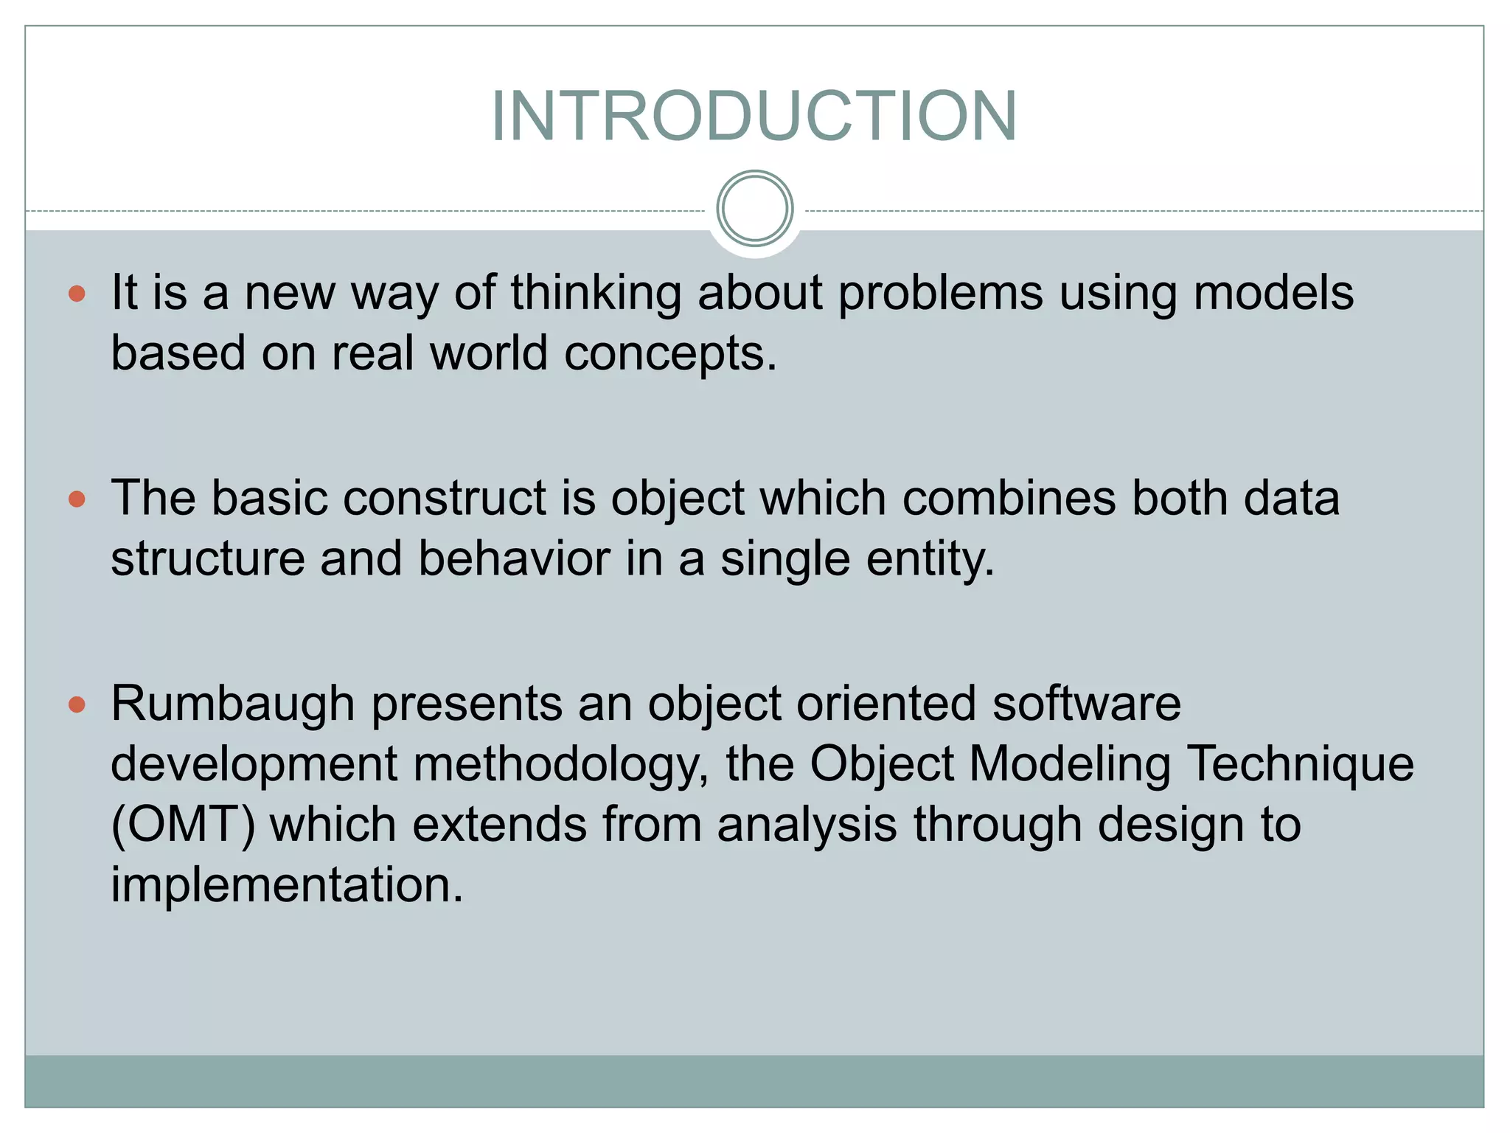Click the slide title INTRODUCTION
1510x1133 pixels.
[754, 116]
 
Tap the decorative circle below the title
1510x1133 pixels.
[754, 209]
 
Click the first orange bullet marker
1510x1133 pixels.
[77, 294]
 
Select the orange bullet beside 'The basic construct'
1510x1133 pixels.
[77, 500]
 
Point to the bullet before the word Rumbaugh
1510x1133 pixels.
[77, 705]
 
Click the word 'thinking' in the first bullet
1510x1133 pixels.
[596, 293]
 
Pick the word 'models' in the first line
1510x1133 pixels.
[1273, 293]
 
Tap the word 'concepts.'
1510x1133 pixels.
[670, 353]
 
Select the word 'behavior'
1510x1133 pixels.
[514, 558]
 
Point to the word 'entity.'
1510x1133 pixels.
[930, 558]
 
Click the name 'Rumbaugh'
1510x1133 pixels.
[233, 704]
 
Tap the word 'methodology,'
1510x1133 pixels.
[560, 764]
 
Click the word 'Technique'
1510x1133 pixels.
[1301, 764]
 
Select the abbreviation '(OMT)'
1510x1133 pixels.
[183, 825]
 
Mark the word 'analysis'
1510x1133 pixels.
[807, 825]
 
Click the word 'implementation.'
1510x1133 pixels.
[287, 885]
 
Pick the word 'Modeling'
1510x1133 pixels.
[1069, 764]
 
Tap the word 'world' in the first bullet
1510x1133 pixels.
[489, 353]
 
